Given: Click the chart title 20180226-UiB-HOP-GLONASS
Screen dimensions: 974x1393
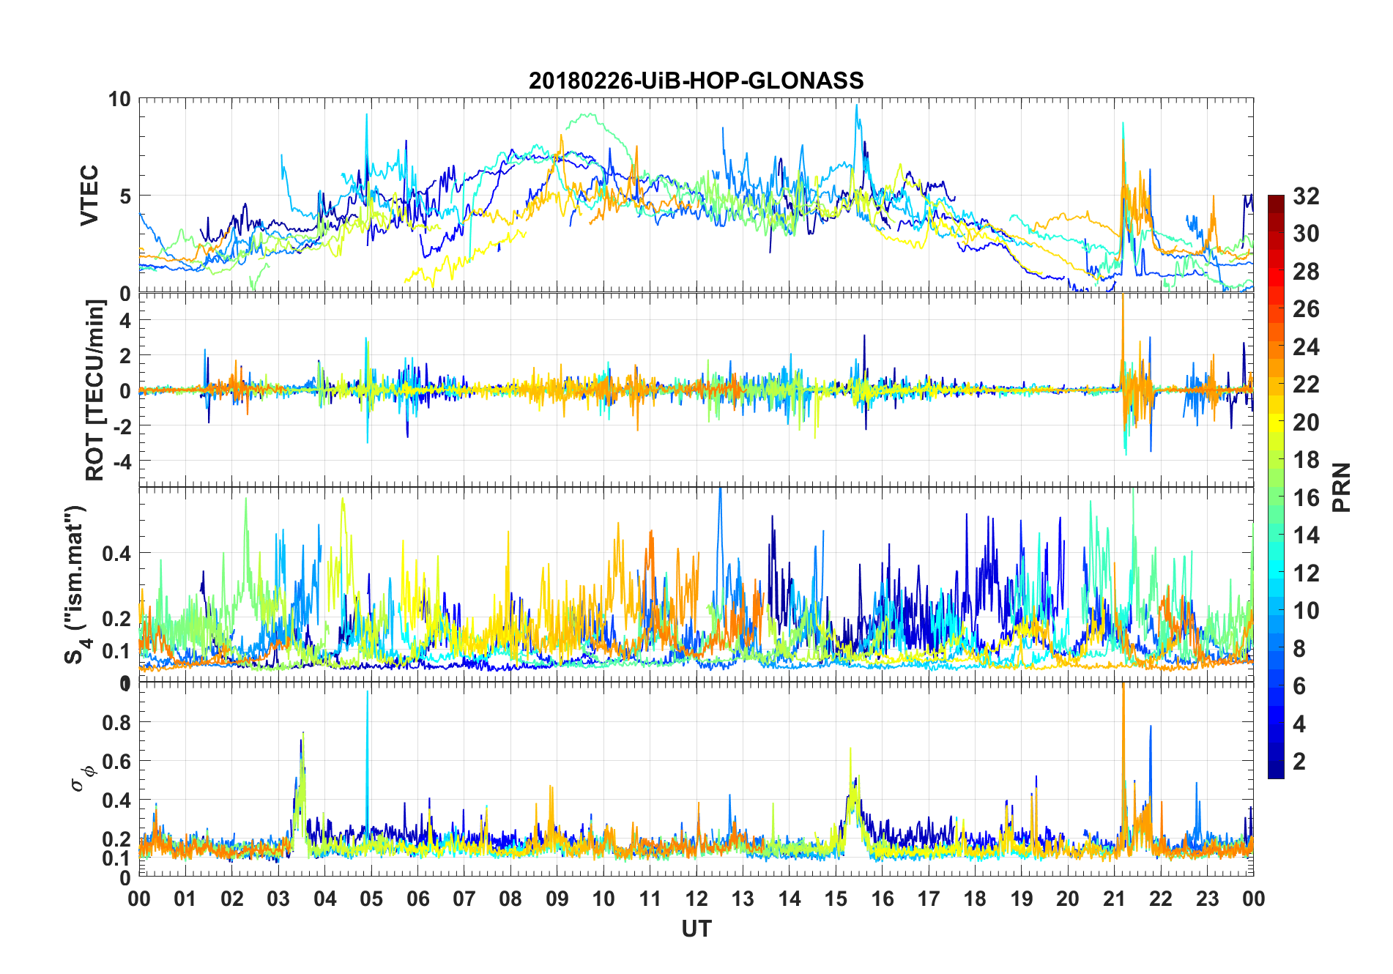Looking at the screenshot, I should point(696,81).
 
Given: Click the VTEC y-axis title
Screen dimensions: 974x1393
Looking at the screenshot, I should point(89,196).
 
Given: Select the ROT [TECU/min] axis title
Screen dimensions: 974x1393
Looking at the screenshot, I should point(95,390).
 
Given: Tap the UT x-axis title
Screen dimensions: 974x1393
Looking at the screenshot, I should point(696,929).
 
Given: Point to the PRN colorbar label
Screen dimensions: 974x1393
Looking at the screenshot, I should point(1342,487).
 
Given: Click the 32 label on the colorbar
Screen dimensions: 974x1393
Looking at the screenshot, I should point(1306,196).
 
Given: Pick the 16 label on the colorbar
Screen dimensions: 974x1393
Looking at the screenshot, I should point(1306,498).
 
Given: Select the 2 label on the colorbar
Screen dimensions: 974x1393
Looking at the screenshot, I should point(1299,762).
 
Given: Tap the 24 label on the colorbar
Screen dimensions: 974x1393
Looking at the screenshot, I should point(1306,346).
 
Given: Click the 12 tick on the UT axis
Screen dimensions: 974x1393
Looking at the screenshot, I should point(696,899).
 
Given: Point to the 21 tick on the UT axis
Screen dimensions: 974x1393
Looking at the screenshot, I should point(1114,899).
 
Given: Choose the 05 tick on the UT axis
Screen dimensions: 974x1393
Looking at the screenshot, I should point(371,899).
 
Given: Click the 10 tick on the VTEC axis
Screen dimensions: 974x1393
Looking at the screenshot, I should point(119,99).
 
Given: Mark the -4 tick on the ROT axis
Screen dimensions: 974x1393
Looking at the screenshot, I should point(121,461).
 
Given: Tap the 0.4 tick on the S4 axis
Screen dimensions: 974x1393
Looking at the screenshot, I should point(117,554).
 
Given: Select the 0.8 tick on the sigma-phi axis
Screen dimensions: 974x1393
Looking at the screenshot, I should point(117,722).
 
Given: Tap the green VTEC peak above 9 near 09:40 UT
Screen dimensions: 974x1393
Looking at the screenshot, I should point(587,114).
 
